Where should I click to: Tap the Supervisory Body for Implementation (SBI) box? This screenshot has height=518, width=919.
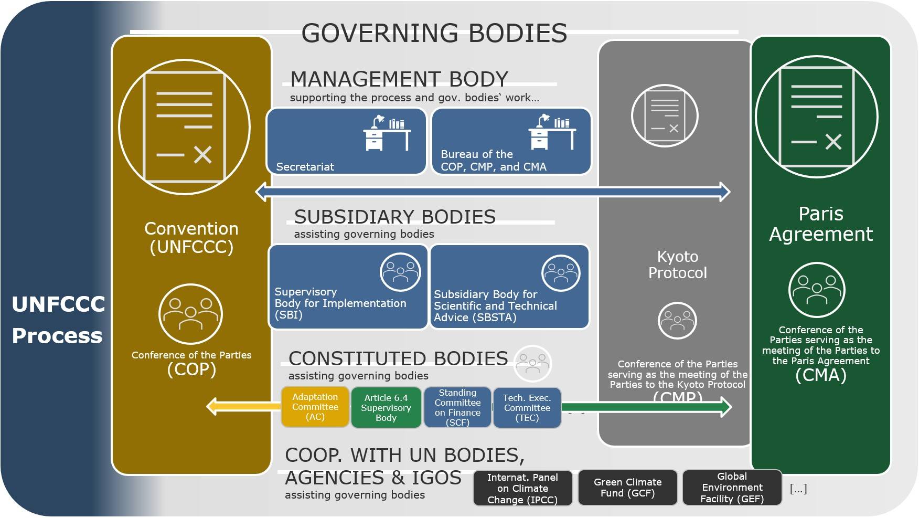(348, 287)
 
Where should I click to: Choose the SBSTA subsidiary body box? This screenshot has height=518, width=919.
(509, 287)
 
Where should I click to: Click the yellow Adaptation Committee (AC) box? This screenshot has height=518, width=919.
(315, 407)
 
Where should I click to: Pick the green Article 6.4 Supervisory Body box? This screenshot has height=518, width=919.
(386, 408)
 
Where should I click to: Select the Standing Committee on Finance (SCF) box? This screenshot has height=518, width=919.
(457, 408)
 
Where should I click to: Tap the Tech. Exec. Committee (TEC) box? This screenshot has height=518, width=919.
(527, 408)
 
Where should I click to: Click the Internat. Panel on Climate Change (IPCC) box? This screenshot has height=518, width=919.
(522, 488)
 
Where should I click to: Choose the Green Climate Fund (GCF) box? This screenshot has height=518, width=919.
(627, 488)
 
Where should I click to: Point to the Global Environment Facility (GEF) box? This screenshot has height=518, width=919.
(732, 488)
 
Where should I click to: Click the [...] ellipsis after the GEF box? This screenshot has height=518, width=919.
(798, 489)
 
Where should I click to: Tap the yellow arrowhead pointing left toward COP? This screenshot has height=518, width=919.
(213, 407)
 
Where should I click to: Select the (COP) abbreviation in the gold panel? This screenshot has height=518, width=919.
(191, 369)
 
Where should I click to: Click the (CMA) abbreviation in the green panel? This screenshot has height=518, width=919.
(820, 375)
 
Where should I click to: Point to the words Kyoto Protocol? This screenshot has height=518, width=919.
(677, 265)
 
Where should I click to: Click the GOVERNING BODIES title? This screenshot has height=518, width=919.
(434, 33)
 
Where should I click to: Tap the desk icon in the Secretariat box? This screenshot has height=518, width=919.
(387, 133)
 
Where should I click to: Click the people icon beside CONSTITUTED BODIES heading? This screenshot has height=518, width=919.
(532, 363)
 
